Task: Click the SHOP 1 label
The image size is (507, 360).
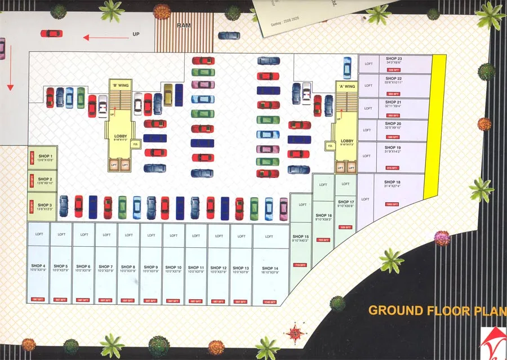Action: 46,156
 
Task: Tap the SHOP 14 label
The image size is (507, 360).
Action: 270,268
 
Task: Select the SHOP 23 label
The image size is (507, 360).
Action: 394,59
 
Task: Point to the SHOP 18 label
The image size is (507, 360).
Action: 393,183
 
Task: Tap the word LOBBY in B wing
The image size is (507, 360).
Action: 121,136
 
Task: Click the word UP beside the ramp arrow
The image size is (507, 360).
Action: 136,34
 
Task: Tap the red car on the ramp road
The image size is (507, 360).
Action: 51,33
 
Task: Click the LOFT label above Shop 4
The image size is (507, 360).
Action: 39,234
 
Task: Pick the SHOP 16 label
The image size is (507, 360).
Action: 323,215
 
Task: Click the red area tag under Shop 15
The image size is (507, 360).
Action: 301,265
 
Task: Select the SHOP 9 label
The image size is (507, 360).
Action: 151,266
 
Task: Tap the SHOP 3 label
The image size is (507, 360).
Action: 46,205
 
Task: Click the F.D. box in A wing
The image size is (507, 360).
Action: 330,146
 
